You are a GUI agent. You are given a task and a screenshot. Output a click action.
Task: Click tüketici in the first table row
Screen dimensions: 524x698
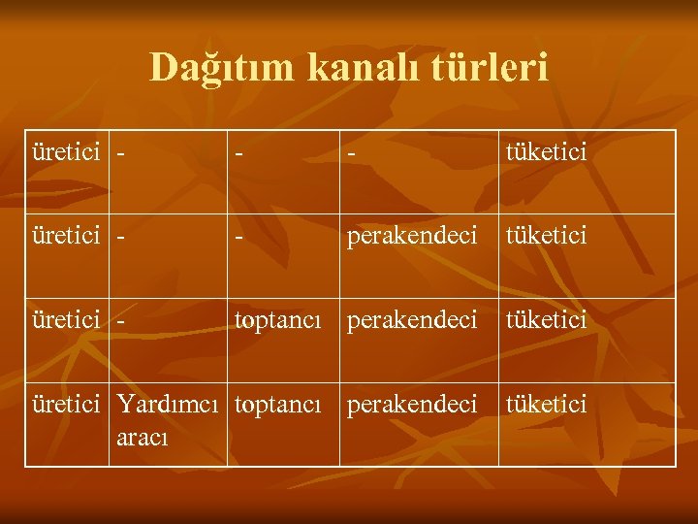point(546,152)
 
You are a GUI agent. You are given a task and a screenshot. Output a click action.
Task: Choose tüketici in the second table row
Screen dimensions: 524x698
point(546,236)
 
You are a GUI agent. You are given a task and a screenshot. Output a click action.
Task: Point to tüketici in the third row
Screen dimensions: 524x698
point(546,319)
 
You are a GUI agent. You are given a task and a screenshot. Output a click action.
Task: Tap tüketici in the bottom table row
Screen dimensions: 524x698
point(546,403)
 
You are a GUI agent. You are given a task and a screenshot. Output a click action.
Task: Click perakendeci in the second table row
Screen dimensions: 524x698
point(412,236)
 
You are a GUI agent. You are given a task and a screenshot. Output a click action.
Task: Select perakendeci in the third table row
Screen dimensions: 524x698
point(412,319)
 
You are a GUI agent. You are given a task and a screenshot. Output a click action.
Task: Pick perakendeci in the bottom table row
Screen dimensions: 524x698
point(412,403)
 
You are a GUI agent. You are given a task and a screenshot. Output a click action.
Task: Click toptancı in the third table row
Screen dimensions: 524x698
point(277,319)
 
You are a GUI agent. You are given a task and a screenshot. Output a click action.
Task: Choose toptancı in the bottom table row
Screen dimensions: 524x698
point(277,403)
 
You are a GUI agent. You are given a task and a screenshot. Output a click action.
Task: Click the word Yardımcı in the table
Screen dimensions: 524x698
point(171,403)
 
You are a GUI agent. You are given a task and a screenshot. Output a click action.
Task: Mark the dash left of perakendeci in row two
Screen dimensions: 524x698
point(238,237)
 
